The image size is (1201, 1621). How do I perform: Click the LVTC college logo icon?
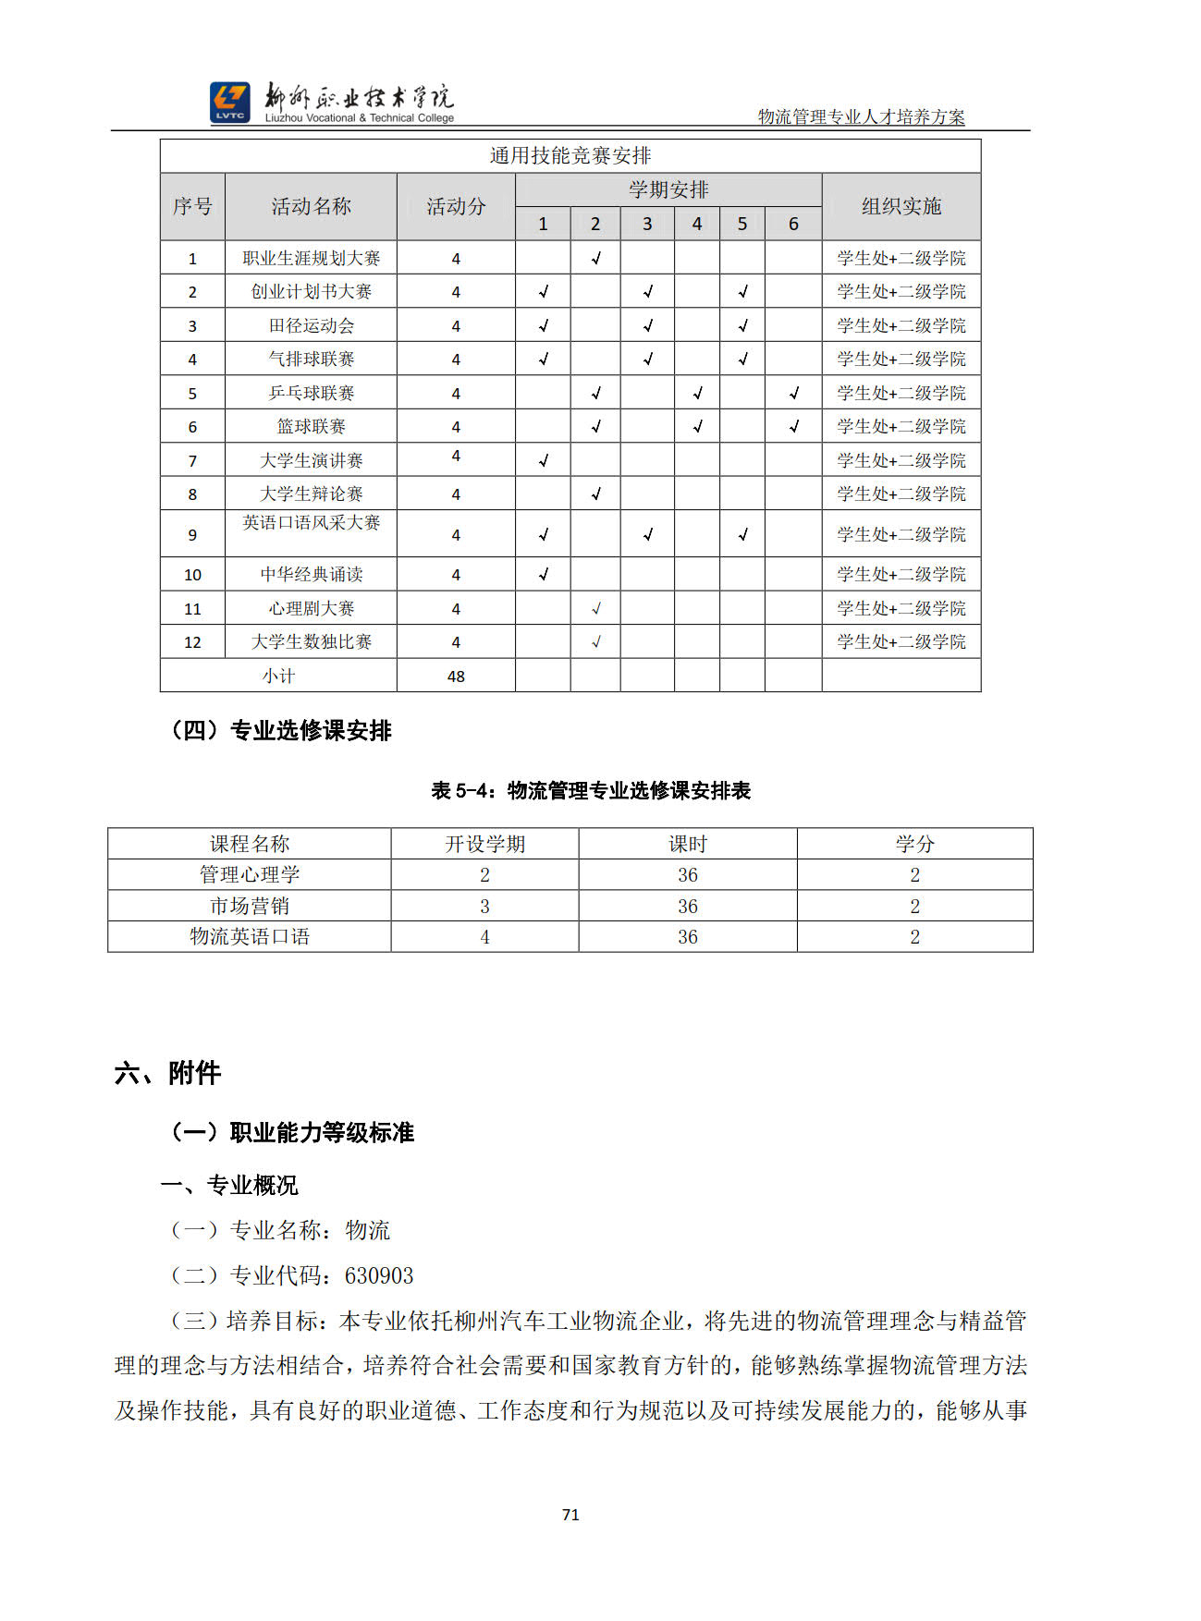click(229, 102)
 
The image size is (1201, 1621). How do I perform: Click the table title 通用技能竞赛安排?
click(570, 155)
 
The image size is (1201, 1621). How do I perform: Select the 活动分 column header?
click(456, 206)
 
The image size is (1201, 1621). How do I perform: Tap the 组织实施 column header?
click(901, 206)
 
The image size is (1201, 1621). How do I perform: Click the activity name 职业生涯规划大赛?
click(311, 258)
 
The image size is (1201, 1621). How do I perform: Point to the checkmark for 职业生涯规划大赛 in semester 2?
click(595, 258)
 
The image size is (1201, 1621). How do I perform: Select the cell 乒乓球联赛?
click(311, 393)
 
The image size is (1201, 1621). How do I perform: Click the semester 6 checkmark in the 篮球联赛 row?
click(793, 426)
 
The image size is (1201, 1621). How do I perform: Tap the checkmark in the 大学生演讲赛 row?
click(543, 460)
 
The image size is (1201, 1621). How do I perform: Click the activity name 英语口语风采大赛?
click(311, 523)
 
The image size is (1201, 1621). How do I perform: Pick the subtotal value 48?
click(456, 676)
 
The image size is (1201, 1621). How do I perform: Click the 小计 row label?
click(278, 676)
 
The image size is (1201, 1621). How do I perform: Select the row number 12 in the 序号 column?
click(192, 642)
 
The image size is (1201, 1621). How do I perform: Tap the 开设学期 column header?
click(484, 844)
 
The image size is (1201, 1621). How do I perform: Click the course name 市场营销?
click(250, 906)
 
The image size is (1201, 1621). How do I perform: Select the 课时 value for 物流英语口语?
click(687, 937)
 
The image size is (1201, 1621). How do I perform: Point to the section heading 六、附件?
click(167, 1073)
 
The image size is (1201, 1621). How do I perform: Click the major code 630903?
click(379, 1276)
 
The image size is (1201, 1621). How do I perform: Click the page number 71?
click(570, 1515)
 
